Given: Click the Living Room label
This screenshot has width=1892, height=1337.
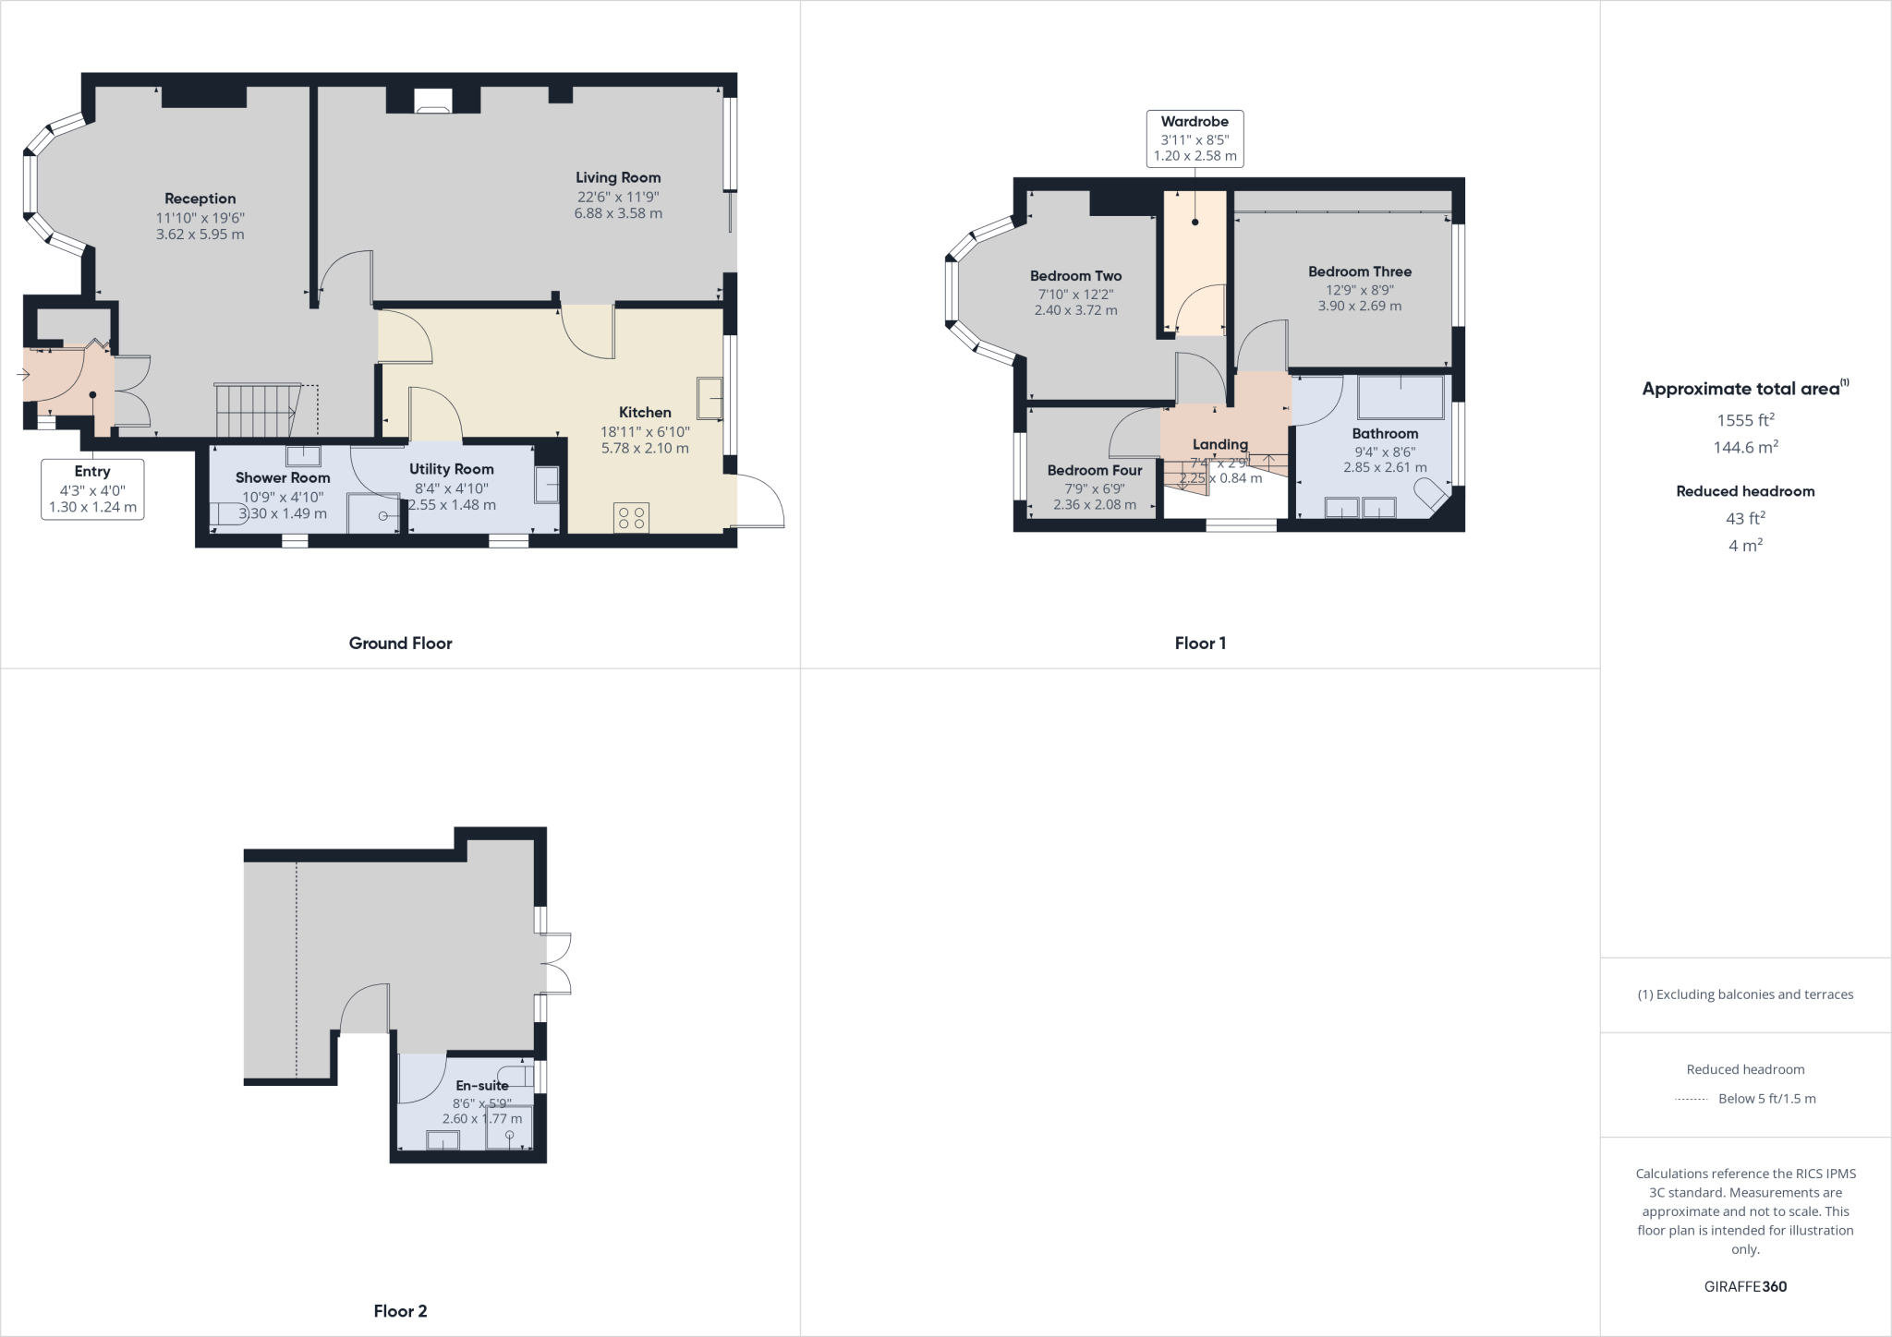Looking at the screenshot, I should (x=618, y=177).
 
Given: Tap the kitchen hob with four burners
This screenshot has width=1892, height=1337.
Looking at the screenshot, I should (x=632, y=518).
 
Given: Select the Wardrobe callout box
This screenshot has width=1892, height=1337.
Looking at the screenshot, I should (x=1195, y=139).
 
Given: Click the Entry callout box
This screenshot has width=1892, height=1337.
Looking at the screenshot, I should (x=92, y=489).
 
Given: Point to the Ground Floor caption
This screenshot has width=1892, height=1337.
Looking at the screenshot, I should (x=400, y=644).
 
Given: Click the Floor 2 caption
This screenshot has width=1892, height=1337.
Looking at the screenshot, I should (x=400, y=1311).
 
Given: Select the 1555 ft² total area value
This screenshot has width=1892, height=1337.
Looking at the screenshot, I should (x=1745, y=420).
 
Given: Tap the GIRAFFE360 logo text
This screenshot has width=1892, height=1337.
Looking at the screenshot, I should (x=1745, y=1286).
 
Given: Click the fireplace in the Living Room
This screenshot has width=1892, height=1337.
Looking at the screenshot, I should (x=432, y=101).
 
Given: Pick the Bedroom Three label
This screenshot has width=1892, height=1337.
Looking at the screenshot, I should (x=1359, y=271).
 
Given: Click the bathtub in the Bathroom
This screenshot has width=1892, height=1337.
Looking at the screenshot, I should (x=1401, y=397).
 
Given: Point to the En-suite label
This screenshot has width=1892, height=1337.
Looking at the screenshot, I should (x=481, y=1086).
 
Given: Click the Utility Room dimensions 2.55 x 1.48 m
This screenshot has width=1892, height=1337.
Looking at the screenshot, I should (x=452, y=505).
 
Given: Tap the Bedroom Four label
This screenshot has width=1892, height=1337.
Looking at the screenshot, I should (x=1094, y=470).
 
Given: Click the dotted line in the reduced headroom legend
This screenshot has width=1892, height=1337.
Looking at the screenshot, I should (x=1691, y=1099).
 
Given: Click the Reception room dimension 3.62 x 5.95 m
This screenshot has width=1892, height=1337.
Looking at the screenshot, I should (x=200, y=235).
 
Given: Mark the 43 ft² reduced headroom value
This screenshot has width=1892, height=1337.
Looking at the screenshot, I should (x=1745, y=518).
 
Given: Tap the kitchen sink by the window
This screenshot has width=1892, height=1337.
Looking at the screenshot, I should (x=710, y=398).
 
